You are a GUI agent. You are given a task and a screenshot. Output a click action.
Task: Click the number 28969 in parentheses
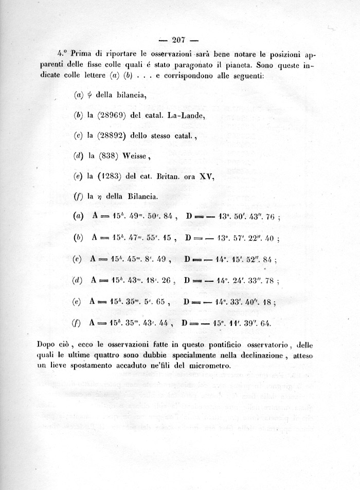tap(110, 115)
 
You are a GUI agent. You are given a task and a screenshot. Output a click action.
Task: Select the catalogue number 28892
tap(110, 136)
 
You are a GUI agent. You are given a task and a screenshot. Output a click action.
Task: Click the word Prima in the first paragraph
tap(82, 53)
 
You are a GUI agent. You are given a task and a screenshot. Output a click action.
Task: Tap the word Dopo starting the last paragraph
tap(47, 344)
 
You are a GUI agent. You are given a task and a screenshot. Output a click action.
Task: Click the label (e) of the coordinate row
tap(77, 302)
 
